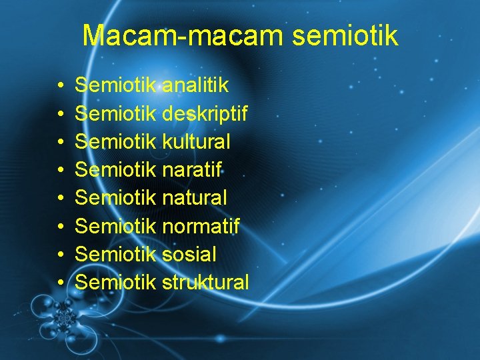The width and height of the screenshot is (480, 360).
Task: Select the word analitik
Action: (x=195, y=85)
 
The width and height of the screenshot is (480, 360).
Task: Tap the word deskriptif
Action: (x=205, y=114)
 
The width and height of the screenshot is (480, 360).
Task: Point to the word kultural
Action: (x=196, y=142)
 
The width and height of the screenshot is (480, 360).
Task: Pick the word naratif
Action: (x=192, y=170)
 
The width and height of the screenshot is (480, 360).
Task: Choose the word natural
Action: (x=194, y=198)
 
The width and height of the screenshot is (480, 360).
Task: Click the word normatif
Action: (x=201, y=226)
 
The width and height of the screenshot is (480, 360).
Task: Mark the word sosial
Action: (x=189, y=254)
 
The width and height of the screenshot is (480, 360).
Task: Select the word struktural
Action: (x=205, y=282)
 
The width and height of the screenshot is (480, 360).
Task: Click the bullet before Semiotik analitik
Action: (x=60, y=86)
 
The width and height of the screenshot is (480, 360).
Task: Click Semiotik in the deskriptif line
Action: (x=116, y=114)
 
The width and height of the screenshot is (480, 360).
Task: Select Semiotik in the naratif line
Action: (x=116, y=170)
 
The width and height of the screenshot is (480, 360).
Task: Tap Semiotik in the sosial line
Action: (x=116, y=254)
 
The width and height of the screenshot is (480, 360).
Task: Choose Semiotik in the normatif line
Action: (x=116, y=226)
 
